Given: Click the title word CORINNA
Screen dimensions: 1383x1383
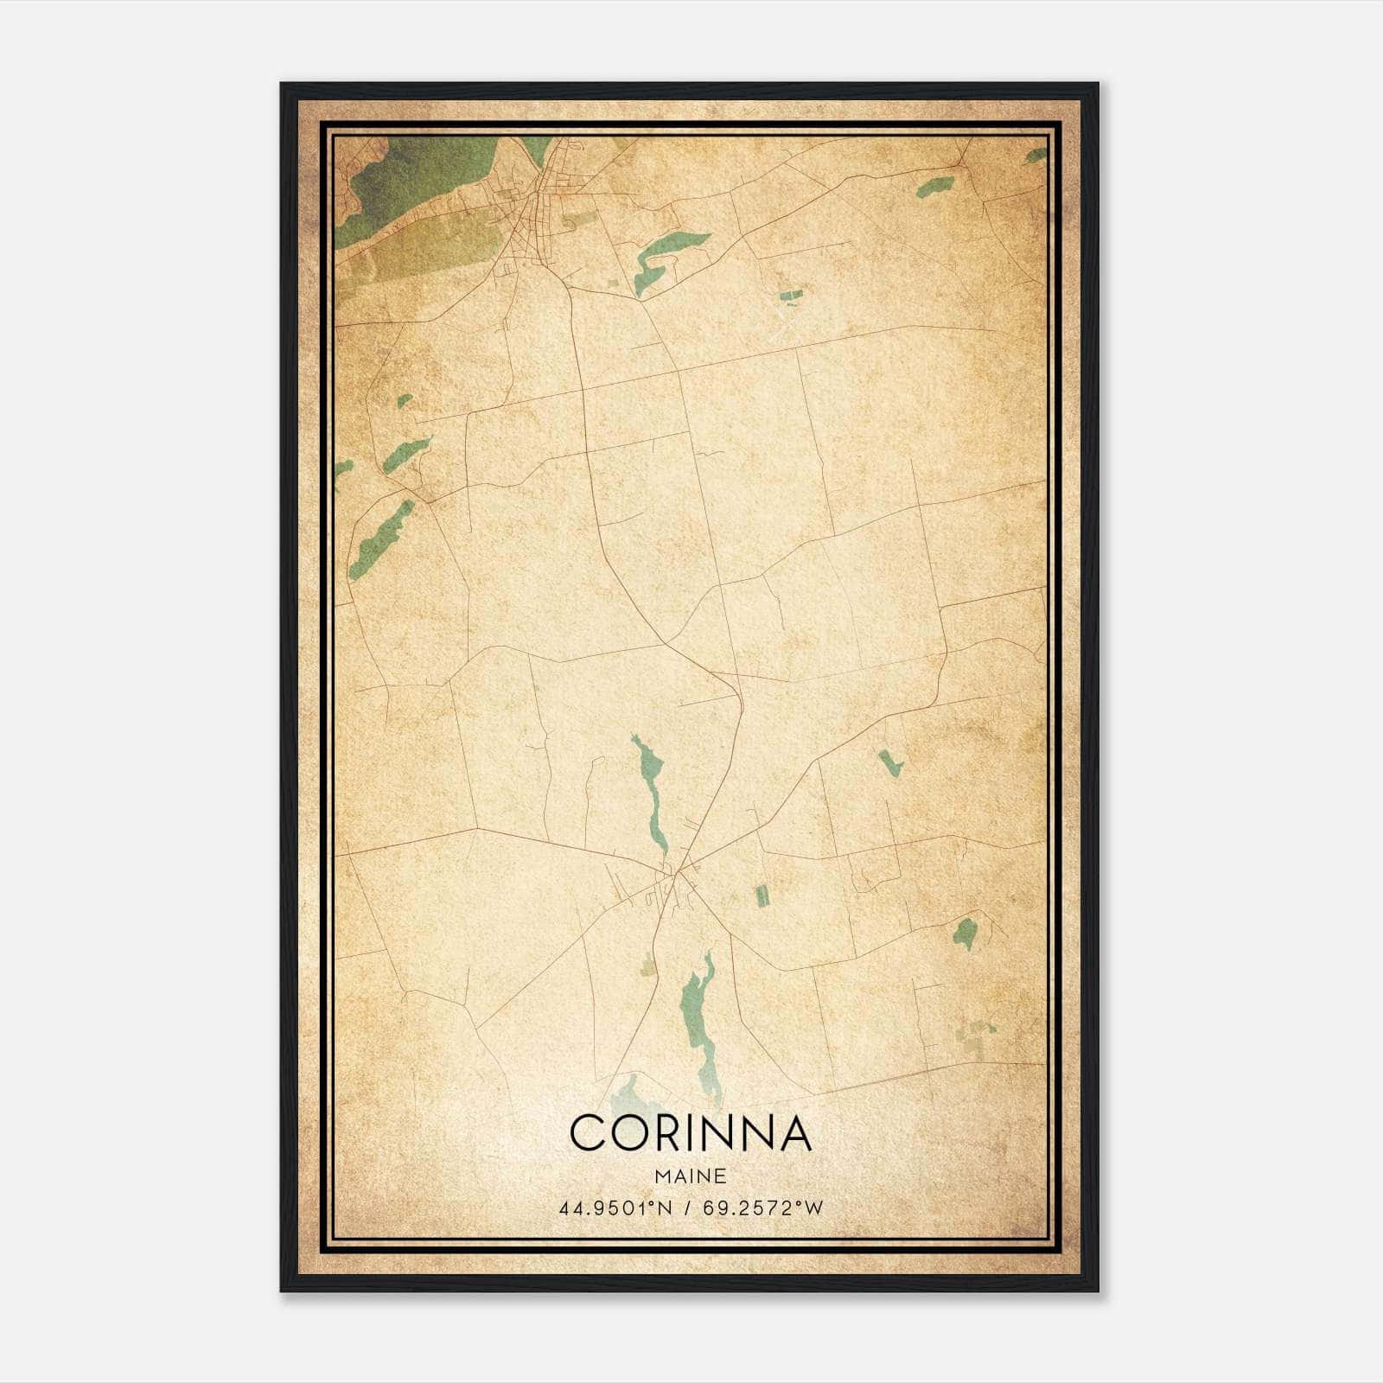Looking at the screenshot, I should pyautogui.click(x=691, y=1132).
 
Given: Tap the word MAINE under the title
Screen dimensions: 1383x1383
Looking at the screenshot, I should pyautogui.click(x=691, y=1176).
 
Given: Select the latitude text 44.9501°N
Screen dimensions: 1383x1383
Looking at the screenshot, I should pyautogui.click(x=615, y=1208).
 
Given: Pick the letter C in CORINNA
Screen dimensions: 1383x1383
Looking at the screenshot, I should pyautogui.click(x=588, y=1132).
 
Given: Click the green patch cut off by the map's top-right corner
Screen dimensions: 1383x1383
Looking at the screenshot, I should pyautogui.click(x=1036, y=156).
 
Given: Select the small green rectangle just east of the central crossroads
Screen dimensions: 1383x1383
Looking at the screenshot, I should pyautogui.click(x=762, y=895).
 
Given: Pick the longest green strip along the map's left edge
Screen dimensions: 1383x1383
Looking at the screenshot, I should pyautogui.click(x=380, y=540).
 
